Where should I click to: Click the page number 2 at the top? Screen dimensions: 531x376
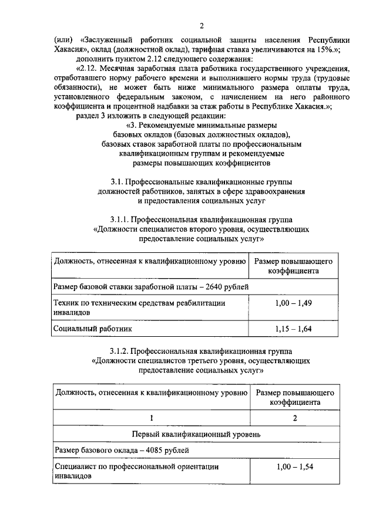pyautogui.click(x=202, y=26)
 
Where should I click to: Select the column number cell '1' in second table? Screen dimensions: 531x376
pyautogui.click(x=151, y=418)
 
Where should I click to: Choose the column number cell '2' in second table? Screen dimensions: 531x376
pyautogui.click(x=294, y=418)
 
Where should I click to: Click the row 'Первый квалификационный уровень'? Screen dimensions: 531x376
pyautogui.click(x=195, y=434)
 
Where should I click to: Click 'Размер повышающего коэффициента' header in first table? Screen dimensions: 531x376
pyautogui.click(x=294, y=266)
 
